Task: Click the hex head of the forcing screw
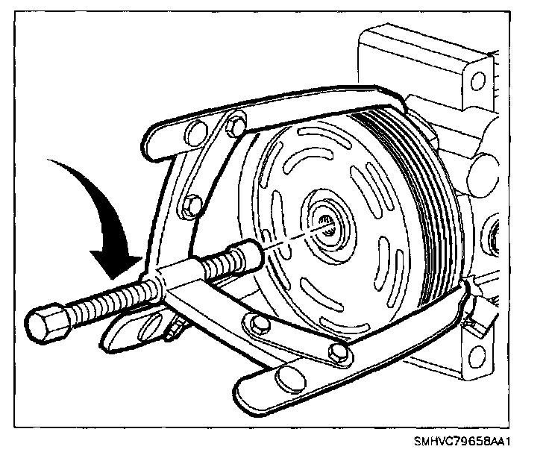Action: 46,322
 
